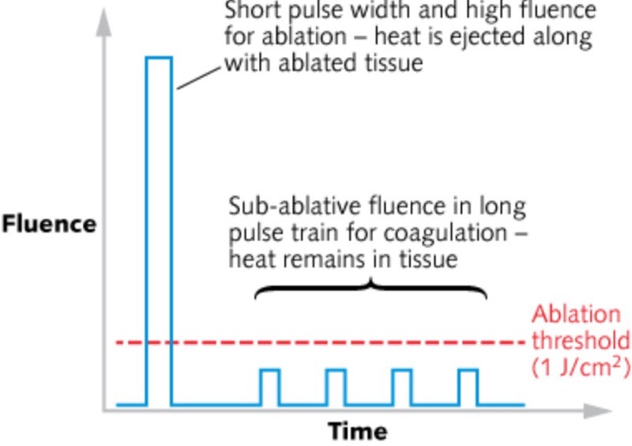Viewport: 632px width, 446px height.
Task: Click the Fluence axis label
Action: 48,224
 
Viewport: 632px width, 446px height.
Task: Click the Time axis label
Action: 358,432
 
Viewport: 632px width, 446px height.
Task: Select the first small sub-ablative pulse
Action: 270,387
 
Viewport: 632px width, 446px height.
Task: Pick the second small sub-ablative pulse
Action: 336,387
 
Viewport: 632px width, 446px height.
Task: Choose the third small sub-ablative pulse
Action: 402,387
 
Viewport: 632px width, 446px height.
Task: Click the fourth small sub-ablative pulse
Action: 468,387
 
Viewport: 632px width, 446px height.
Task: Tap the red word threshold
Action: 581,341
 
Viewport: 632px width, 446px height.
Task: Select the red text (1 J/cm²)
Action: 581,369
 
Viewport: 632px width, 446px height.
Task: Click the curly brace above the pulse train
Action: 370,289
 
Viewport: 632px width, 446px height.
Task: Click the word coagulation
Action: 427,233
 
